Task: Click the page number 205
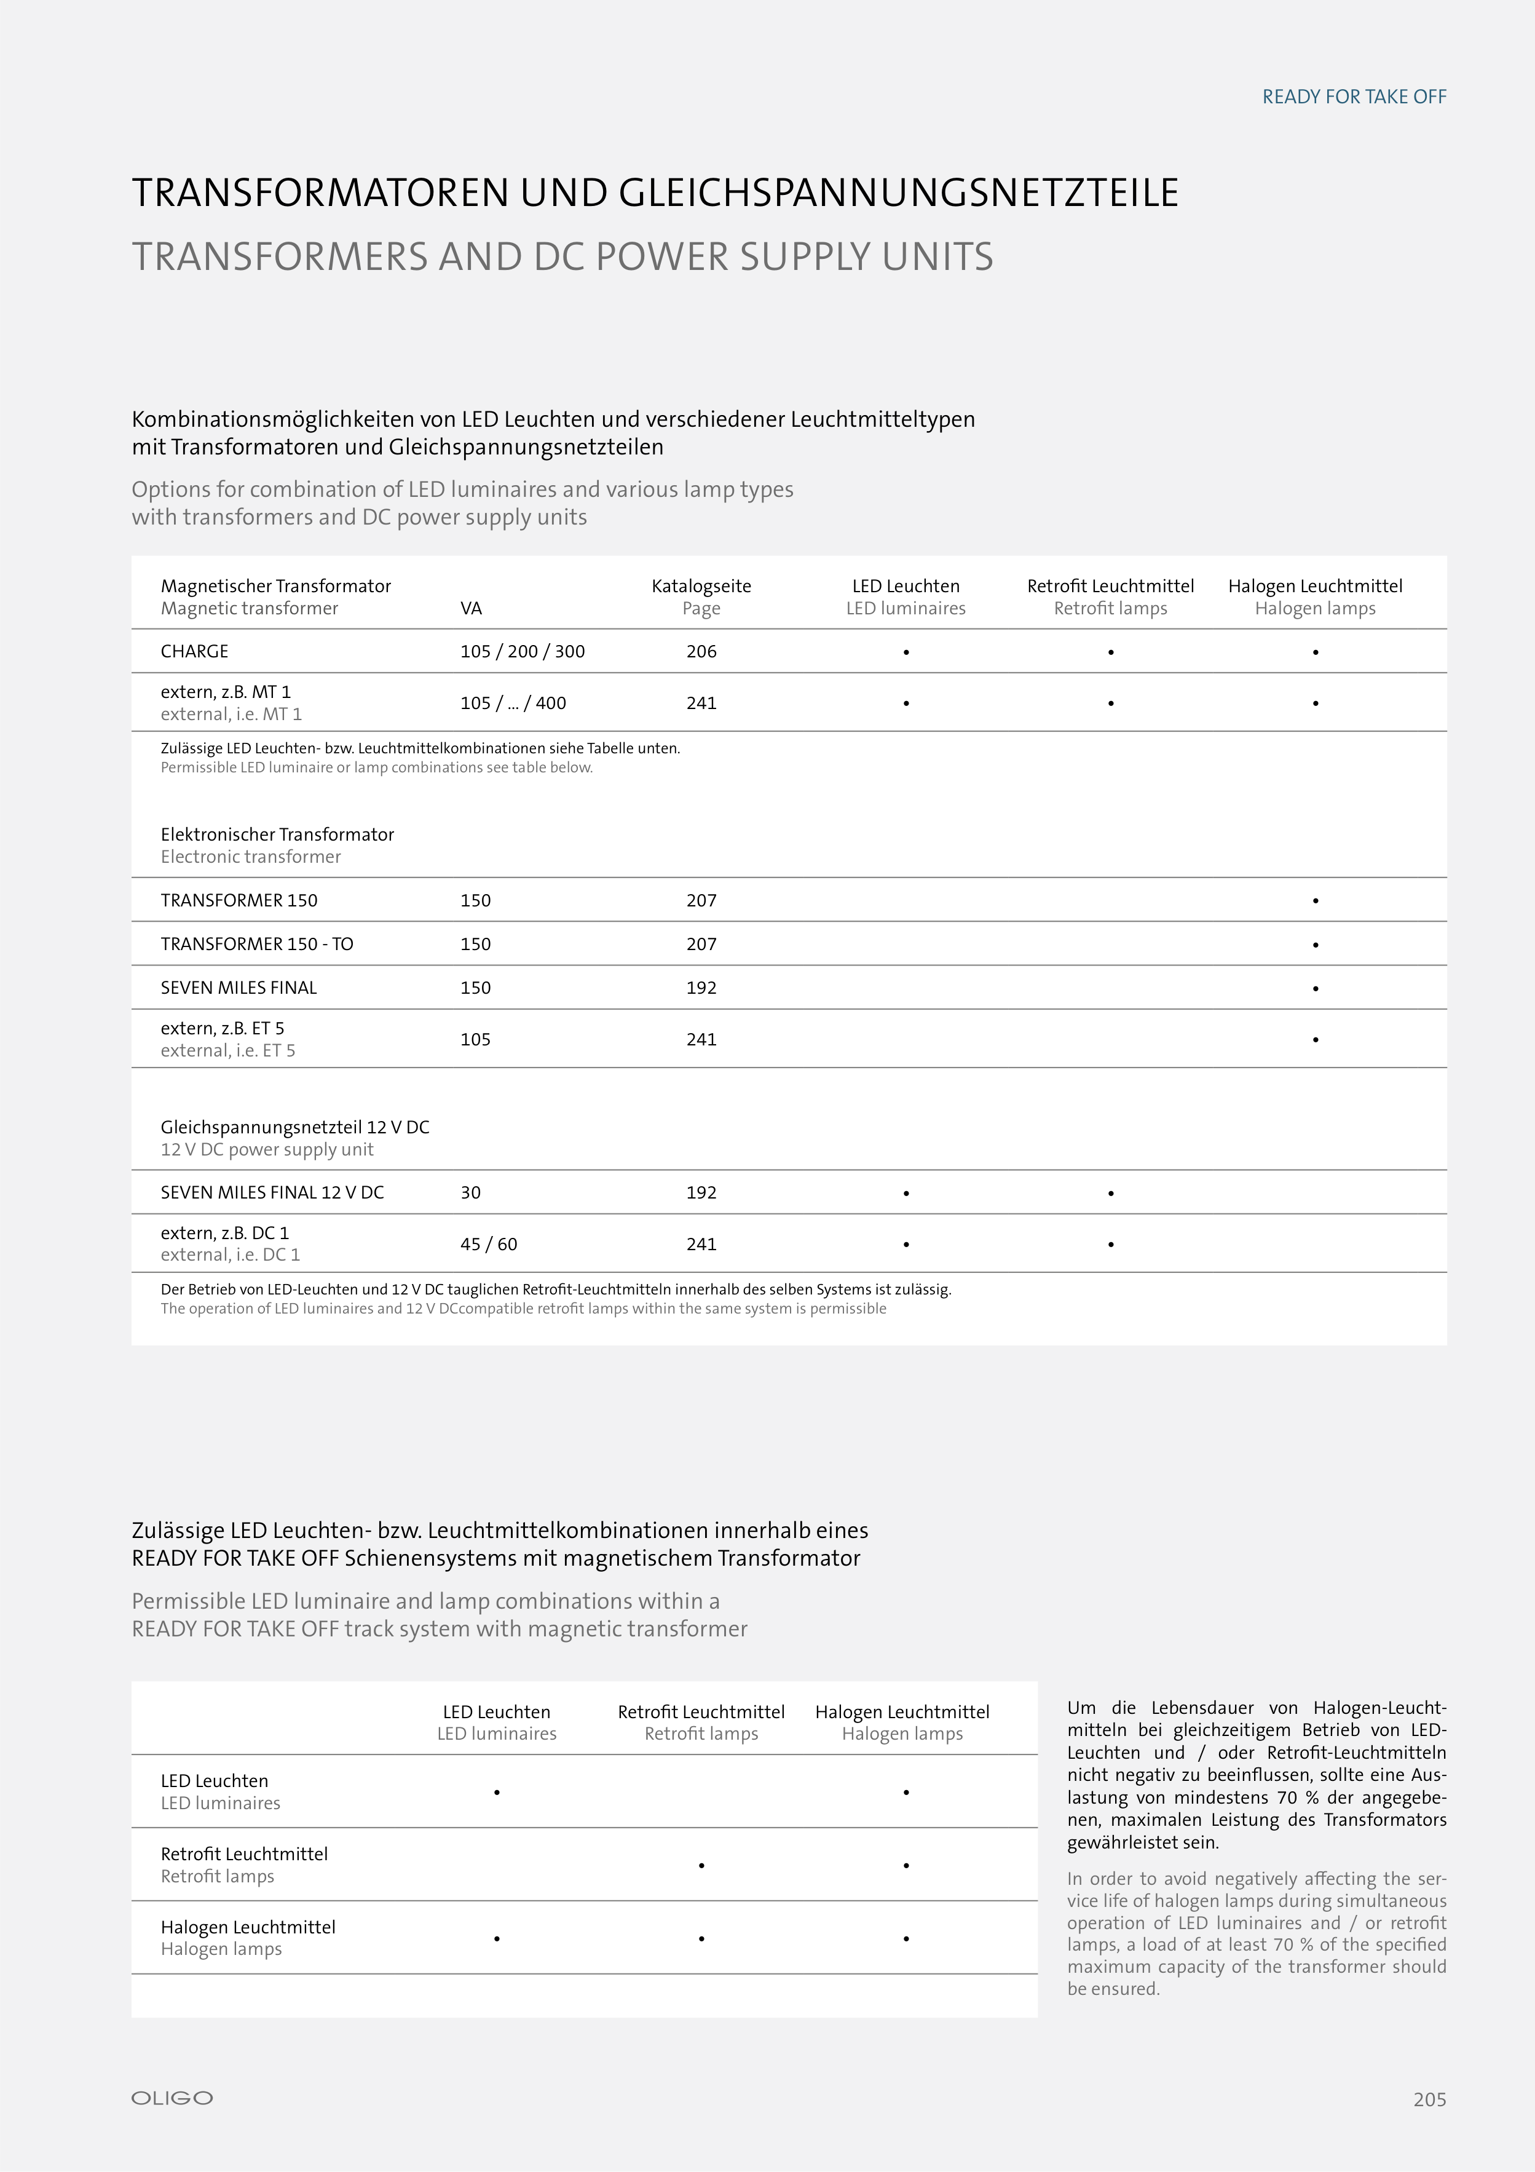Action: click(1429, 2099)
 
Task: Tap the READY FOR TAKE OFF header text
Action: click(1354, 97)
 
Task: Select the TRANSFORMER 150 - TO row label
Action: click(256, 944)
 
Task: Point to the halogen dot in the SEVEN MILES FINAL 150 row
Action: click(1315, 989)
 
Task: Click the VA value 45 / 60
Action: click(488, 1244)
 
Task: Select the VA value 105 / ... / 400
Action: click(513, 703)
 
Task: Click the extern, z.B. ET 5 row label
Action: click(223, 1028)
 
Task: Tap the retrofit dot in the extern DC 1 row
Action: click(1110, 1245)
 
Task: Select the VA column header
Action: click(470, 608)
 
